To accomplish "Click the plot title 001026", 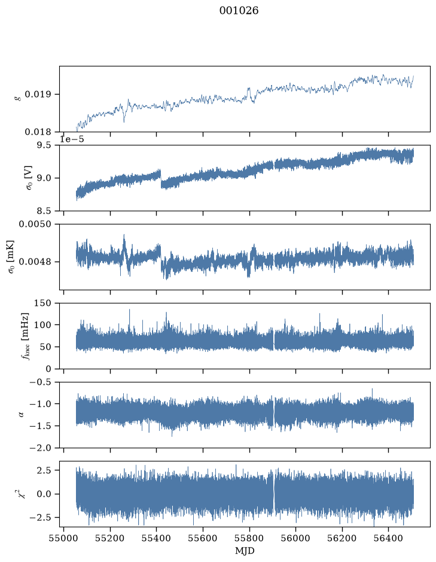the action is (x=239, y=11).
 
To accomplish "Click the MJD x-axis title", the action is (x=245, y=551).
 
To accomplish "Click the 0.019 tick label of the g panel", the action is (x=38, y=95).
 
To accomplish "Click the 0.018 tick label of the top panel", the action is (x=38, y=132).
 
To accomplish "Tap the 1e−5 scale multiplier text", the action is (x=72, y=139).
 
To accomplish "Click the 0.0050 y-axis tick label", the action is (x=35, y=224).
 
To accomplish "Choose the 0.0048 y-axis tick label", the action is (x=35, y=262).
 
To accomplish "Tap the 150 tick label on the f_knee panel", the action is (x=43, y=303).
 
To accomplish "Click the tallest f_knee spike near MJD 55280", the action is (x=129, y=315).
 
